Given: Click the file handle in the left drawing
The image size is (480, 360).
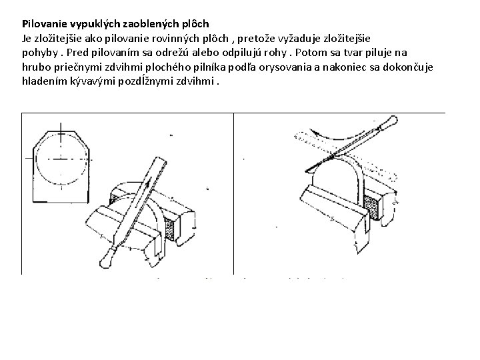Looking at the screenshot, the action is tap(107, 255).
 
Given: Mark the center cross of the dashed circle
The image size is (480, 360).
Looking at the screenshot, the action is tap(61, 160).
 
